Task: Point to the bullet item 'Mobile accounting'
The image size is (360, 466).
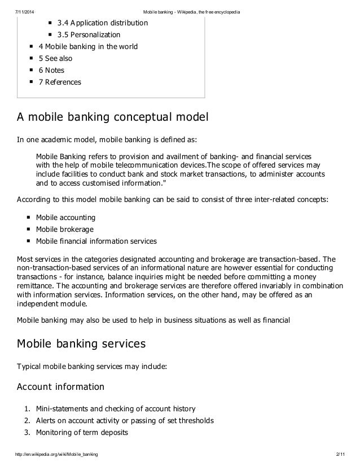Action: pyautogui.click(x=65, y=217)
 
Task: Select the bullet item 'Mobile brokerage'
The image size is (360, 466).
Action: pyautogui.click(x=65, y=229)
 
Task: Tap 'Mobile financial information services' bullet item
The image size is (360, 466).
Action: pyautogui.click(x=96, y=241)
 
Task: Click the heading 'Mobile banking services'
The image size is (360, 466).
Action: pyautogui.click(x=82, y=342)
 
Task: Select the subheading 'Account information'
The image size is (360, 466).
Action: pyautogui.click(x=61, y=387)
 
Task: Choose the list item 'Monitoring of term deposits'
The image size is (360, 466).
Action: pyautogui.click(x=82, y=433)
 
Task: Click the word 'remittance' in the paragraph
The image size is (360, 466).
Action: pyautogui.click(x=36, y=286)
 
